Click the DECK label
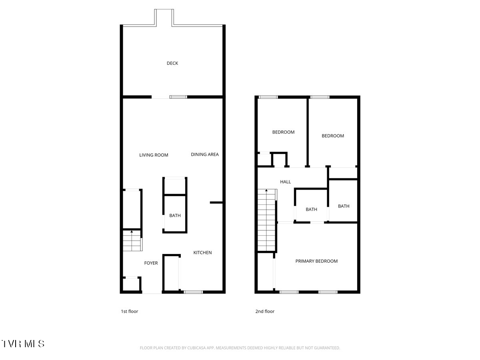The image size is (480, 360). pyautogui.click(x=172, y=63)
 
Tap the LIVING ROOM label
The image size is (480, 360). pyautogui.click(x=154, y=155)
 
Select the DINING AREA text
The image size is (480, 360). pyautogui.click(x=205, y=154)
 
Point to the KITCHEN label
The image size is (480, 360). pyautogui.click(x=202, y=252)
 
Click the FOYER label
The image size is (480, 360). pyautogui.click(x=151, y=263)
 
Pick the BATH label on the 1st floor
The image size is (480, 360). pyautogui.click(x=175, y=216)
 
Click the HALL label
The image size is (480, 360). pyautogui.click(x=285, y=182)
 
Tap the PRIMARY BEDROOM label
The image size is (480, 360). pyautogui.click(x=316, y=261)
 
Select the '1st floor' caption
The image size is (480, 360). pyautogui.click(x=130, y=311)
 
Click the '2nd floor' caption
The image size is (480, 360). pyautogui.click(x=265, y=311)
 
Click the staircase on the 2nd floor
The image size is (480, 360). pyautogui.click(x=266, y=220)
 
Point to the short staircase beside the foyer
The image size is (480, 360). pyautogui.click(x=132, y=240)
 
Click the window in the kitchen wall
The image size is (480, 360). pyautogui.click(x=193, y=292)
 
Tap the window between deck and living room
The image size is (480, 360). pyautogui.click(x=178, y=97)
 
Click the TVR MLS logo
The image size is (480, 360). pyautogui.click(x=23, y=344)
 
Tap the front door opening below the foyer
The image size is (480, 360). pyautogui.click(x=152, y=293)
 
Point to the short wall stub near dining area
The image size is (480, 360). pyautogui.click(x=216, y=203)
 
